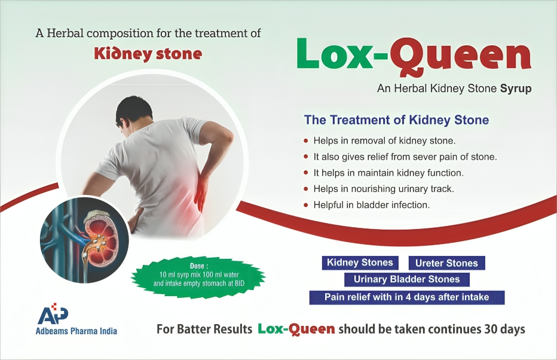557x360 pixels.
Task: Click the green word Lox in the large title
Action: point(335,54)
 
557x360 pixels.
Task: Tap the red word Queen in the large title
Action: point(460,57)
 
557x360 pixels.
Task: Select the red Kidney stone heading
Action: point(148,54)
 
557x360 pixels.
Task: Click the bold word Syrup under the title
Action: point(516,89)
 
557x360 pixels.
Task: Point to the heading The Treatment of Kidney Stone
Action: point(396,120)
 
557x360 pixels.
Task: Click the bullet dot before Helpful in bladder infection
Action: point(306,205)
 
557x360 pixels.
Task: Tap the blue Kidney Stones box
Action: point(360,263)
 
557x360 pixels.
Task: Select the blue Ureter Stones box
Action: point(446,263)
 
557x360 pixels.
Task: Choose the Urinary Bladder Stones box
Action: point(407,279)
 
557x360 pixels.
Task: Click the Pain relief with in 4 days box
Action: point(407,297)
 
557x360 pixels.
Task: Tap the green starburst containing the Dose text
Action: point(198,277)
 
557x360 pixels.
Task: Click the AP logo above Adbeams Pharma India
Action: point(53,314)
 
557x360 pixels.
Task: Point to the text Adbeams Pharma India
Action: point(76,331)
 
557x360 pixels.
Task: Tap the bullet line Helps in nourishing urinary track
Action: point(384,189)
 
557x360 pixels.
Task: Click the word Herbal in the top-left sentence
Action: point(65,33)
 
